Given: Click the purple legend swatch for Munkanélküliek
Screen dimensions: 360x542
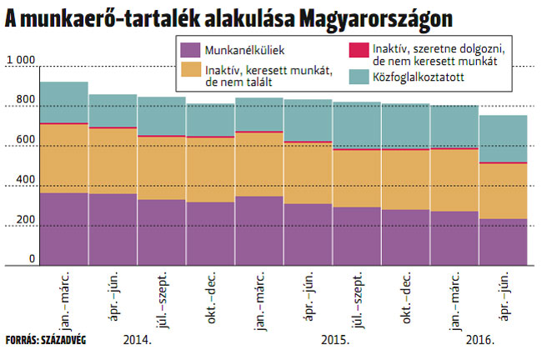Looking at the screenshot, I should coord(191,50).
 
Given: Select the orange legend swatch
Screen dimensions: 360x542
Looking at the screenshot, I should coord(191,70).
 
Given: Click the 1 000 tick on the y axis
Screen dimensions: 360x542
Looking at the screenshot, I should coord(21,61).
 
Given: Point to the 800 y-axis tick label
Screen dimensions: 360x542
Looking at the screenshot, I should coord(25,101).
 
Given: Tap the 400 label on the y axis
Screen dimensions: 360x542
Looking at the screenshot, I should coord(25,180).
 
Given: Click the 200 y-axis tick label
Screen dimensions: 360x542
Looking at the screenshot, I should coord(25,221).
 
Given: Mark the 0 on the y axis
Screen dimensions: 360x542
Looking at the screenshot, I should coord(33,259).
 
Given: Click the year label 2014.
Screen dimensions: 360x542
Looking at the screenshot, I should coord(137,341).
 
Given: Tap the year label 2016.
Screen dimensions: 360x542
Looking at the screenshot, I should coord(480,341).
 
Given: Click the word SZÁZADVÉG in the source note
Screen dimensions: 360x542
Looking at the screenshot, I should coord(62,341).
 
